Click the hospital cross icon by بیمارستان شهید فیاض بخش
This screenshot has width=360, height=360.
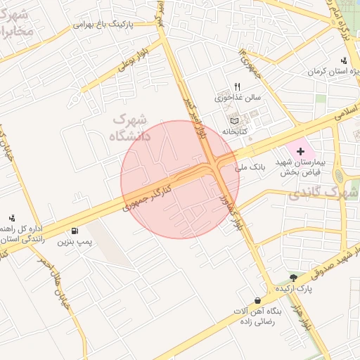[301, 151]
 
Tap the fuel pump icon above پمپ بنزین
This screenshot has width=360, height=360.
[75, 231]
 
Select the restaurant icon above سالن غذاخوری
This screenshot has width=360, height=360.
[237, 86]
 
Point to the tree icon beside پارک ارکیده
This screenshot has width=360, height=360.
[293, 278]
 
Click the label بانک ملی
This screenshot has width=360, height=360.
[252, 167]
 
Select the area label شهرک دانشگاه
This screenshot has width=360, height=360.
[131, 128]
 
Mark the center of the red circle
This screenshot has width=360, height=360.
[180, 179]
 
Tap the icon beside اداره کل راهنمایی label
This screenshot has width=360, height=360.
[12, 218]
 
